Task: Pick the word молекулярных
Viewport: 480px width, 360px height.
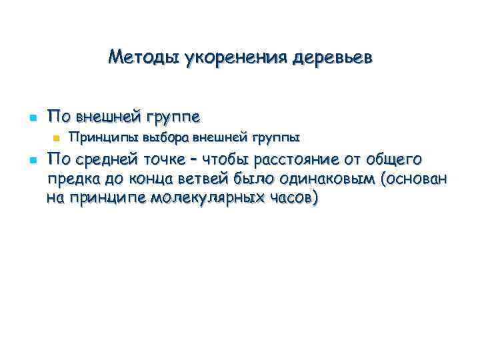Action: click(202, 198)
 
